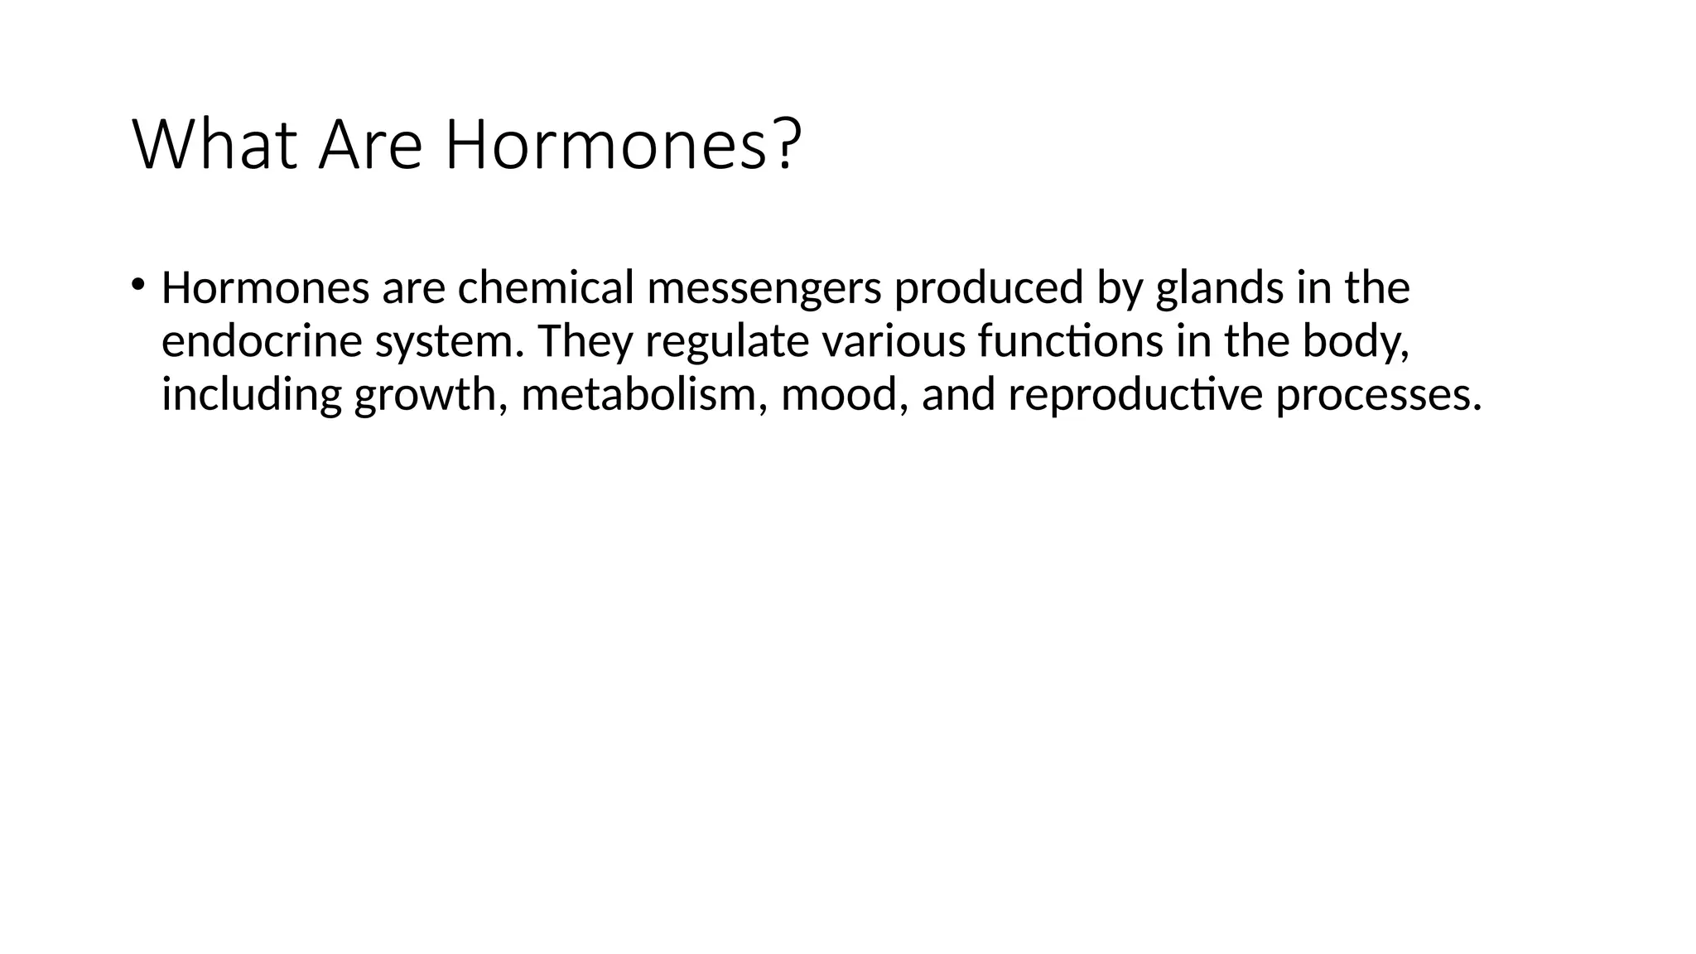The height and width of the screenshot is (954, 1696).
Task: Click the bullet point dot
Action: tap(137, 284)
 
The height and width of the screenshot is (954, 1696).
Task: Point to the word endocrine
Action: tap(262, 341)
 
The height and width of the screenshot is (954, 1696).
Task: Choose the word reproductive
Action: tap(1135, 395)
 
